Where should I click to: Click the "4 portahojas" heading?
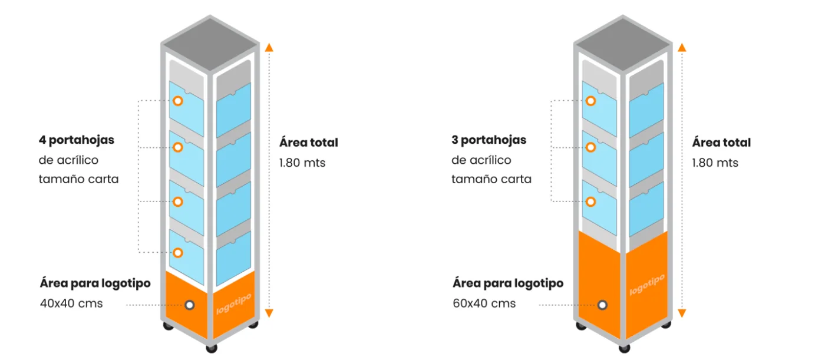point(77,140)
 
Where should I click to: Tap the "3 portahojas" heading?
point(489,140)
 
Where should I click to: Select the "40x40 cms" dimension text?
point(71,303)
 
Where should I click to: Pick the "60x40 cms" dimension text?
point(484,303)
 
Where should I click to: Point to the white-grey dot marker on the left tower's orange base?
point(190,305)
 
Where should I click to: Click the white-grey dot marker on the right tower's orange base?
point(602,305)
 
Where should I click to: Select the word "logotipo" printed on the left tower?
point(234,304)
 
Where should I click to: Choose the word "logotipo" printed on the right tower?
point(647,285)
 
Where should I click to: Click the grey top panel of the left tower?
point(210,44)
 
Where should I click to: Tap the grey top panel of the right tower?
point(623,44)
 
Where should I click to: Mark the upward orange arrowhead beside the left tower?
point(269,48)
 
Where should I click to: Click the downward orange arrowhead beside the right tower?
point(682,313)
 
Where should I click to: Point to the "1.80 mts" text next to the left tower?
point(302,163)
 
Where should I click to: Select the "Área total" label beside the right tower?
point(721,143)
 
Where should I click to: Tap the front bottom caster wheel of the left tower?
point(212,348)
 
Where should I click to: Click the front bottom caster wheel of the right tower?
point(624,348)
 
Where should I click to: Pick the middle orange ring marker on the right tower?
point(590,148)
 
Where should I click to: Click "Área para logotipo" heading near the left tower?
point(95,283)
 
